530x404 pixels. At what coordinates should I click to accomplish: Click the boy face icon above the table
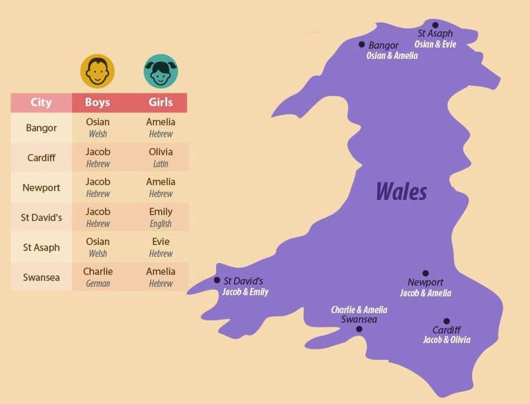click(97, 71)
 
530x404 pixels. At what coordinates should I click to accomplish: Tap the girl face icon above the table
click(161, 71)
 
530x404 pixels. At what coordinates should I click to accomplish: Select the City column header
click(41, 102)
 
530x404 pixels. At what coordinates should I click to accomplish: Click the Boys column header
click(97, 102)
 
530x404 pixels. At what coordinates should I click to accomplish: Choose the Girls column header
click(161, 102)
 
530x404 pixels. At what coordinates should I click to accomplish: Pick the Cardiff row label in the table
click(41, 158)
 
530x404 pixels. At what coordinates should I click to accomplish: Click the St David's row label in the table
click(41, 218)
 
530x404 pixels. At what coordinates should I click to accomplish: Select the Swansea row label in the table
click(41, 277)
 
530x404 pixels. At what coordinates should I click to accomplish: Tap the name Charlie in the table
click(98, 271)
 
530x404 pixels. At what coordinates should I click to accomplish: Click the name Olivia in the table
click(161, 152)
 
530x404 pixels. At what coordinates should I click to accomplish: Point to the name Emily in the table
click(161, 211)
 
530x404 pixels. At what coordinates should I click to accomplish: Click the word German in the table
click(98, 283)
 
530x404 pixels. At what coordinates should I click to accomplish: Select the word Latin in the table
click(161, 164)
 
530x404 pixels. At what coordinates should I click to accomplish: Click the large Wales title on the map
click(401, 191)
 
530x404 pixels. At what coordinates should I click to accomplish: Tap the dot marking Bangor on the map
click(362, 44)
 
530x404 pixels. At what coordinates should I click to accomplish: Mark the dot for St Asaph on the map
click(435, 25)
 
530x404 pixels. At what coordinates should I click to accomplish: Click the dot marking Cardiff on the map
click(446, 321)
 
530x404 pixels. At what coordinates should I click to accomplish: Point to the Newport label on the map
click(426, 282)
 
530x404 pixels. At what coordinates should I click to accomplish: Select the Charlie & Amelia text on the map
click(359, 310)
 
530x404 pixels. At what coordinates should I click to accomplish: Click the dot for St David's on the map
click(217, 280)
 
